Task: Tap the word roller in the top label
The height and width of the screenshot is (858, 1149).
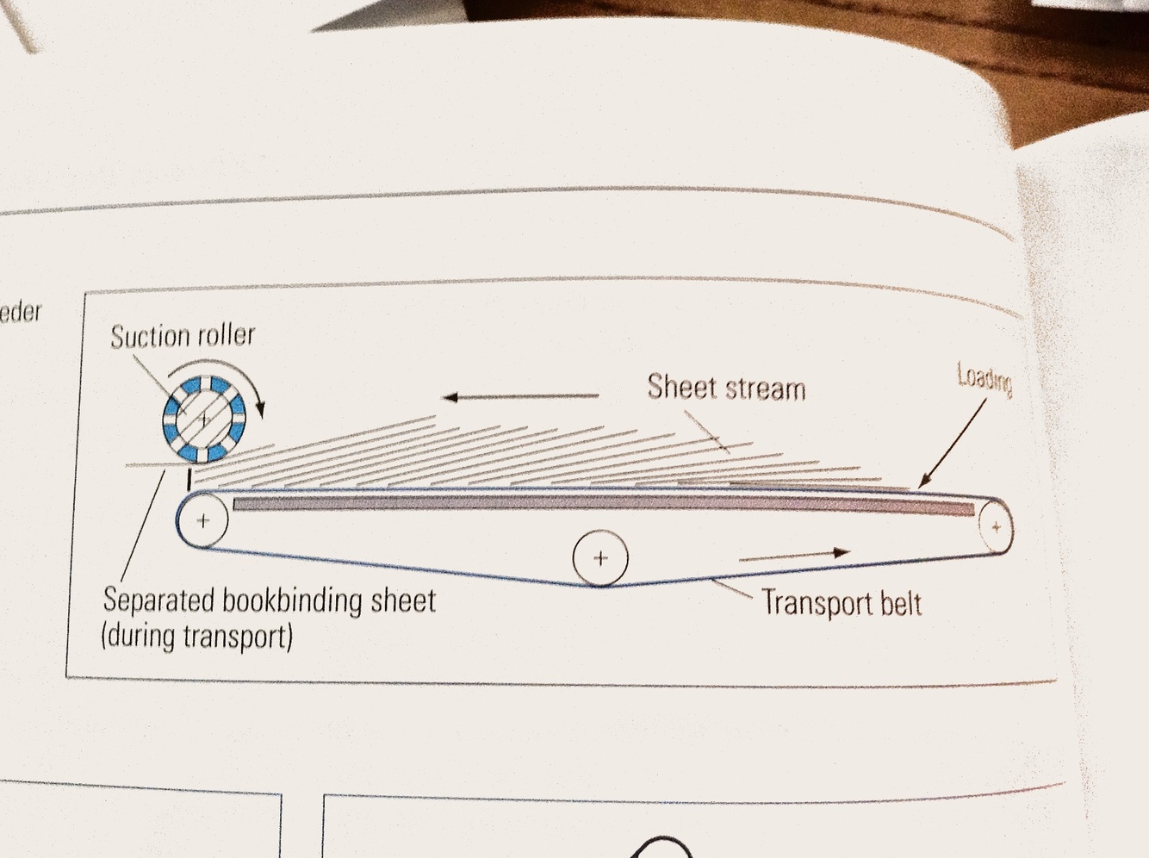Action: [x=227, y=334]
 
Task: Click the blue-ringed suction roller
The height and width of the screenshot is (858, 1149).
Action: [x=203, y=420]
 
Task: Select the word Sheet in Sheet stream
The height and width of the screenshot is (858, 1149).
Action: [x=681, y=387]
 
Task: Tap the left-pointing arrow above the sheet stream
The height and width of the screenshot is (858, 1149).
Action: [x=520, y=396]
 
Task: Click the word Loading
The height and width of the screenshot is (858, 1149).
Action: [x=984, y=376]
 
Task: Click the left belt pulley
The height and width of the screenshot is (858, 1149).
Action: [x=203, y=520]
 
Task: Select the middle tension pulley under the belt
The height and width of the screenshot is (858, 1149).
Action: [x=600, y=558]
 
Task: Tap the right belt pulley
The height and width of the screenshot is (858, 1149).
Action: [x=997, y=526]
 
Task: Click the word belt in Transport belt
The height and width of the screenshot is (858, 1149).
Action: [x=900, y=604]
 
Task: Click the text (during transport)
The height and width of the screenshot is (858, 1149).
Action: [x=197, y=637]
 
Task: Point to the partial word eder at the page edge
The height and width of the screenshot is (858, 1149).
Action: [x=21, y=311]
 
